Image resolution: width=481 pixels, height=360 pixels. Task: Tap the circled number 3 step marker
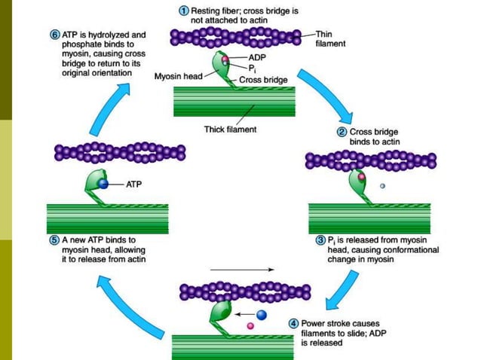(x=320, y=239)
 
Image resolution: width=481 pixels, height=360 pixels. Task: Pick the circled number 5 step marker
(x=54, y=239)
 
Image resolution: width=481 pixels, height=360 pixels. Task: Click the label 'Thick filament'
(x=230, y=130)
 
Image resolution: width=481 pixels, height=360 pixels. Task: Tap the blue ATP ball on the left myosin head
(x=103, y=183)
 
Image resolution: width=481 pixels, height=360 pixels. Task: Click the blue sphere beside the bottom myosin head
(x=262, y=313)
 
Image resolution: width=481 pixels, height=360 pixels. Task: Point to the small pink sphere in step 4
(x=250, y=325)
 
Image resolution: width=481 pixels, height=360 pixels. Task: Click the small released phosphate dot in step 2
(x=383, y=186)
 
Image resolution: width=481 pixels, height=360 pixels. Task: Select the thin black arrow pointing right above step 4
(x=240, y=269)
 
